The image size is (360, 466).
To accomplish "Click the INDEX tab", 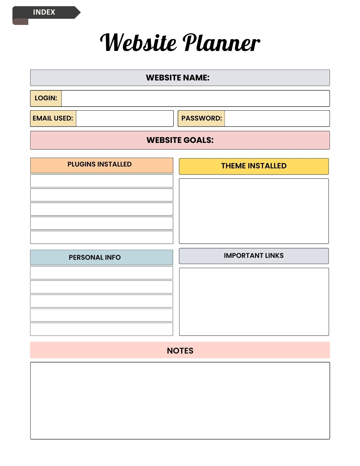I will (x=44, y=12).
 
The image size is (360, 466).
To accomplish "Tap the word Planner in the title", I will (x=221, y=43).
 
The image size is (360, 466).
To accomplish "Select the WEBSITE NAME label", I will (x=178, y=78).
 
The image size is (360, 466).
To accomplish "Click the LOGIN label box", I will (x=46, y=98).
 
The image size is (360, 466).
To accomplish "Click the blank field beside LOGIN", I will (x=195, y=98).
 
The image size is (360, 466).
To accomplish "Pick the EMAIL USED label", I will (x=53, y=118).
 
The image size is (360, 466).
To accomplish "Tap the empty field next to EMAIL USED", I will (x=125, y=118).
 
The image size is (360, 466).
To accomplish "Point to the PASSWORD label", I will (x=201, y=118).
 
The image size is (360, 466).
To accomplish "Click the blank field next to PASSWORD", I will (x=277, y=118).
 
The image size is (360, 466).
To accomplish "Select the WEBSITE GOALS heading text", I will (x=180, y=140).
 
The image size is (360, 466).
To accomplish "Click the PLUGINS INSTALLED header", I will (x=100, y=164).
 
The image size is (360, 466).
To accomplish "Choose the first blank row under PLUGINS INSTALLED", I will (x=102, y=181).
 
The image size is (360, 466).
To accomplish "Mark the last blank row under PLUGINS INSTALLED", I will (x=102, y=237).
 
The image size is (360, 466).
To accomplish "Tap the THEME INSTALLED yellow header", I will (x=254, y=166).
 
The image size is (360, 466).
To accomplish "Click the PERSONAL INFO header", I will (x=95, y=258).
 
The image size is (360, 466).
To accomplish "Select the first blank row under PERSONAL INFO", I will (x=102, y=273).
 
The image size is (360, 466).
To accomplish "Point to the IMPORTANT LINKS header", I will (x=254, y=256).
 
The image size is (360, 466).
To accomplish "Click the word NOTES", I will (x=180, y=351).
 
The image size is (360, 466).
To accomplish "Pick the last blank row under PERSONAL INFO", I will (x=102, y=329).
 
